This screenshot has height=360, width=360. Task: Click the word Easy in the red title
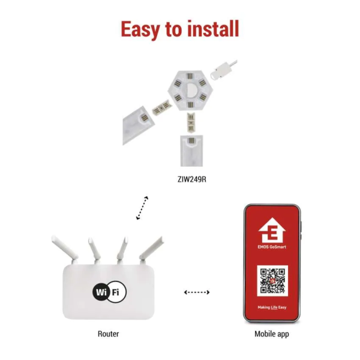(x=140, y=29)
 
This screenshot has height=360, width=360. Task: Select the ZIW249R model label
(x=192, y=179)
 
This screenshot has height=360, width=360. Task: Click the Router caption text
(x=109, y=334)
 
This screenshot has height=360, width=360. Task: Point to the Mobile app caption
(x=272, y=334)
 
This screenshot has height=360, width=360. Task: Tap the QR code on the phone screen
(x=272, y=281)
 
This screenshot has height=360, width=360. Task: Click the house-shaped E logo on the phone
(x=272, y=230)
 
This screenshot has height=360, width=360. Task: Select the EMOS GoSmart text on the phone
(x=272, y=247)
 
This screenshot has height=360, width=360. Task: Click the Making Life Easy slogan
(x=272, y=307)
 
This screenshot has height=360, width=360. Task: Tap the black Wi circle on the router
(x=101, y=292)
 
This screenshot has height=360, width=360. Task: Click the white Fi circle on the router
(x=116, y=292)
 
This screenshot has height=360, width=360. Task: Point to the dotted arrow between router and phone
(x=197, y=292)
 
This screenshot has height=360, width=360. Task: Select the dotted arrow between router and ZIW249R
(x=142, y=208)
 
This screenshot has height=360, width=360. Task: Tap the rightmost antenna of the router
(x=151, y=250)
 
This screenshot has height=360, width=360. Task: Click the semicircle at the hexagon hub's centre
(x=190, y=90)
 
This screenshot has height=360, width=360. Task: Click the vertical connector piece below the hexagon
(x=191, y=122)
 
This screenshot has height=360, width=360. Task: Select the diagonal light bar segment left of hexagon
(x=139, y=125)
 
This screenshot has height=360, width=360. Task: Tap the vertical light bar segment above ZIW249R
(x=191, y=151)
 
